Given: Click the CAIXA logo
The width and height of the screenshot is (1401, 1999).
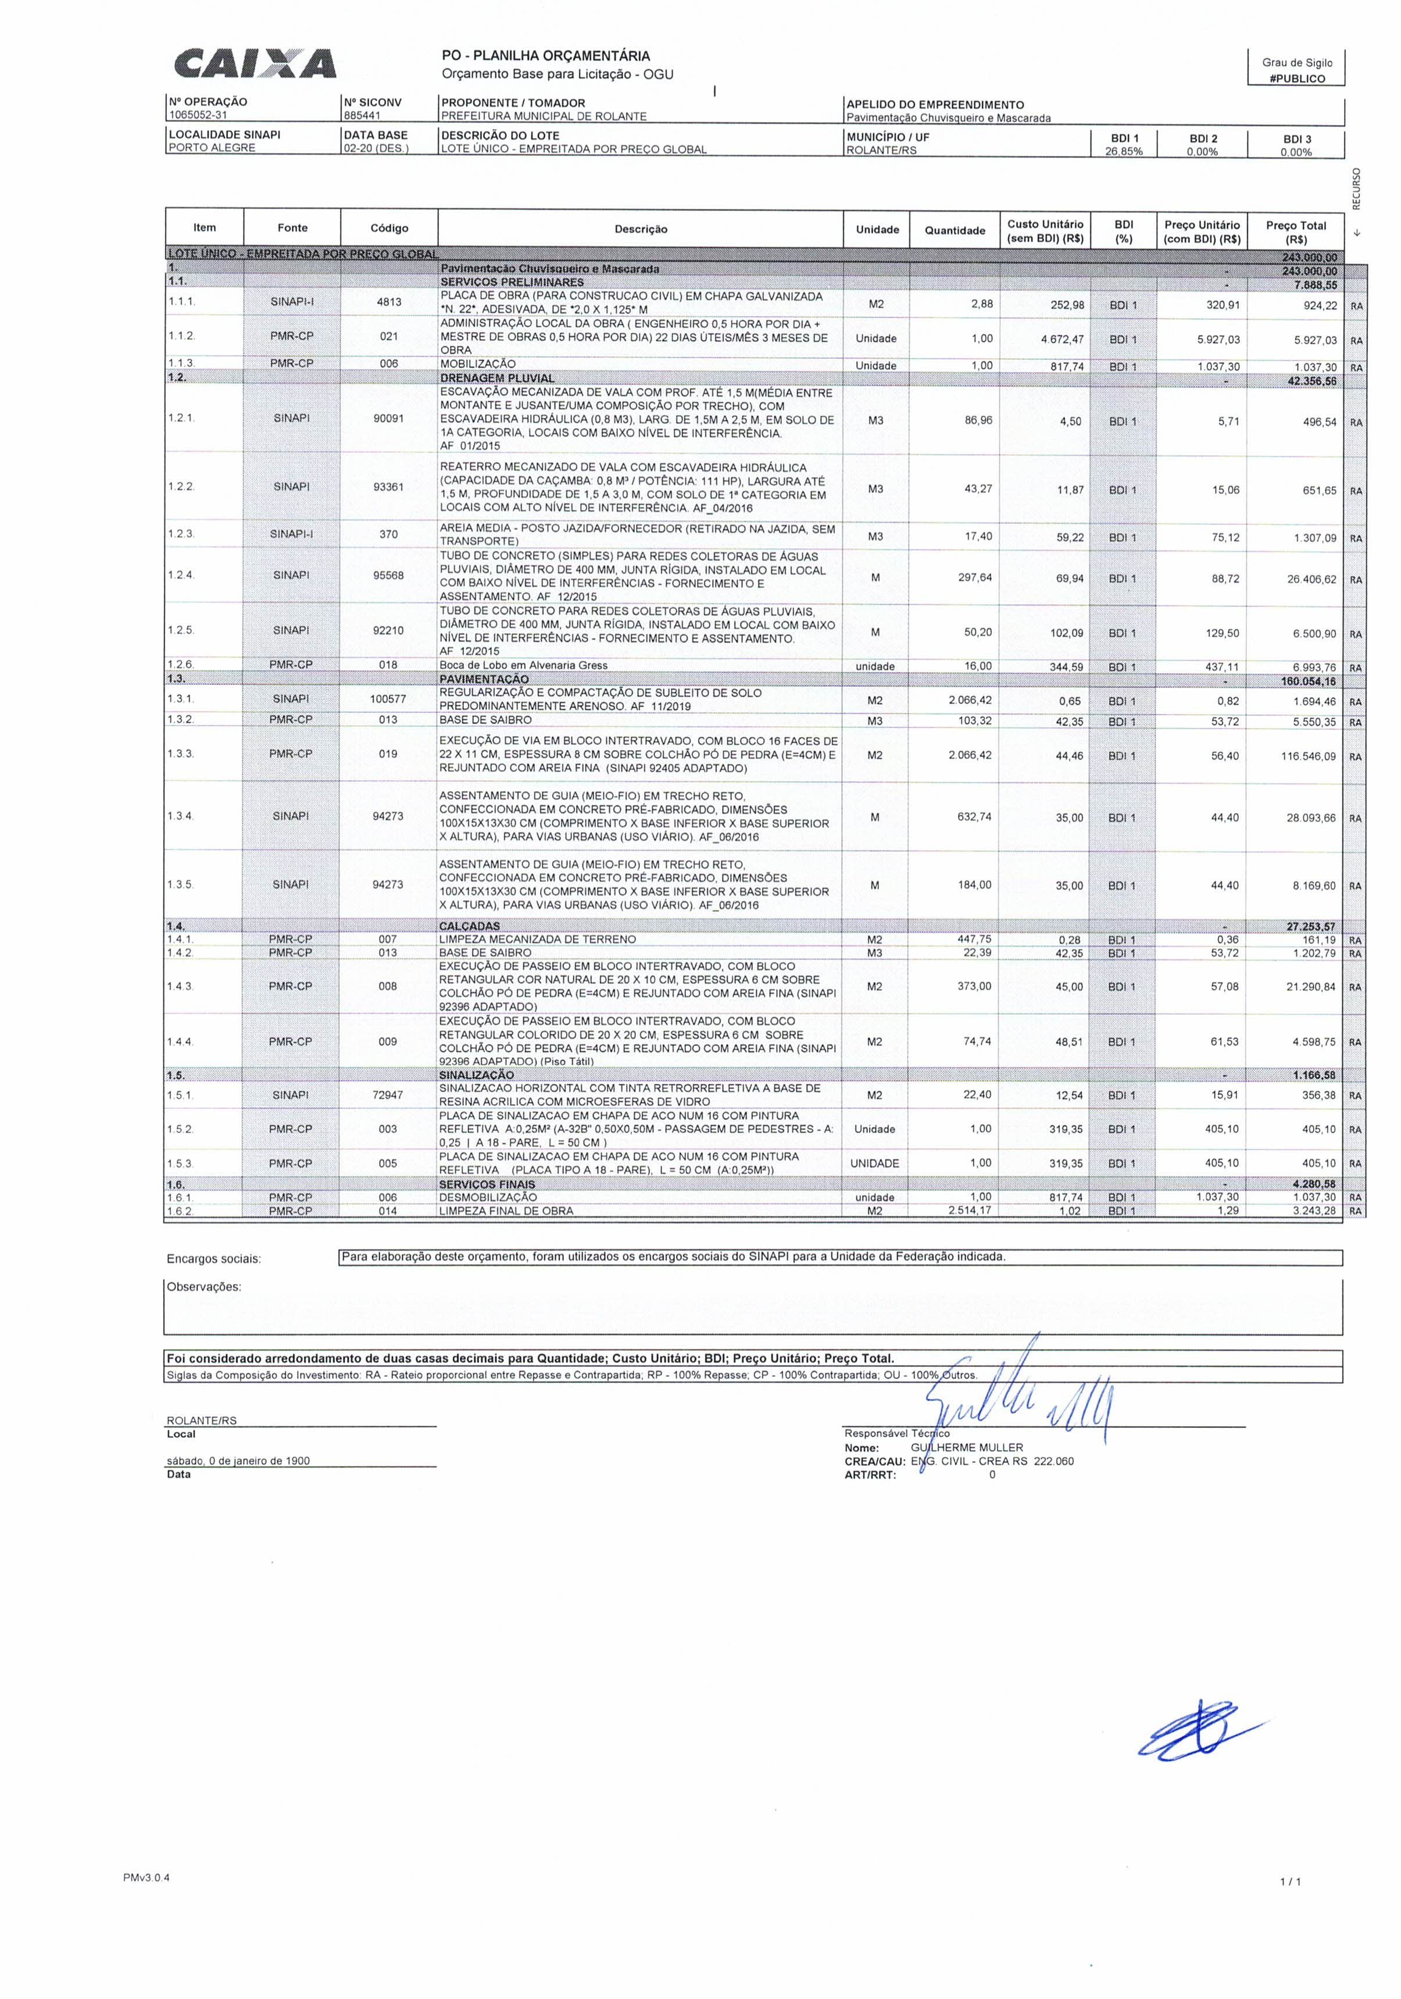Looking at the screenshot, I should point(255,65).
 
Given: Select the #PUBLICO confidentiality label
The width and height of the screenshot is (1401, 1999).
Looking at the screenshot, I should point(1296,78).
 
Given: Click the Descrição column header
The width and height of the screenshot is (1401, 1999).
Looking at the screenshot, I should point(640,229).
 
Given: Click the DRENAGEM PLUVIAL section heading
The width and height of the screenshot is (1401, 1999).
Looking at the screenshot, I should point(496,378).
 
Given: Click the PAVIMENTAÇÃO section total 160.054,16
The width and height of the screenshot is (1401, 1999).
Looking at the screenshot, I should point(1308,681).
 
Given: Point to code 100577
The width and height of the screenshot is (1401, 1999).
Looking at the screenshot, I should point(388,699).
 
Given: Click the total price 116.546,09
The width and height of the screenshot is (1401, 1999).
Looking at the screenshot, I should point(1307,756).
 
